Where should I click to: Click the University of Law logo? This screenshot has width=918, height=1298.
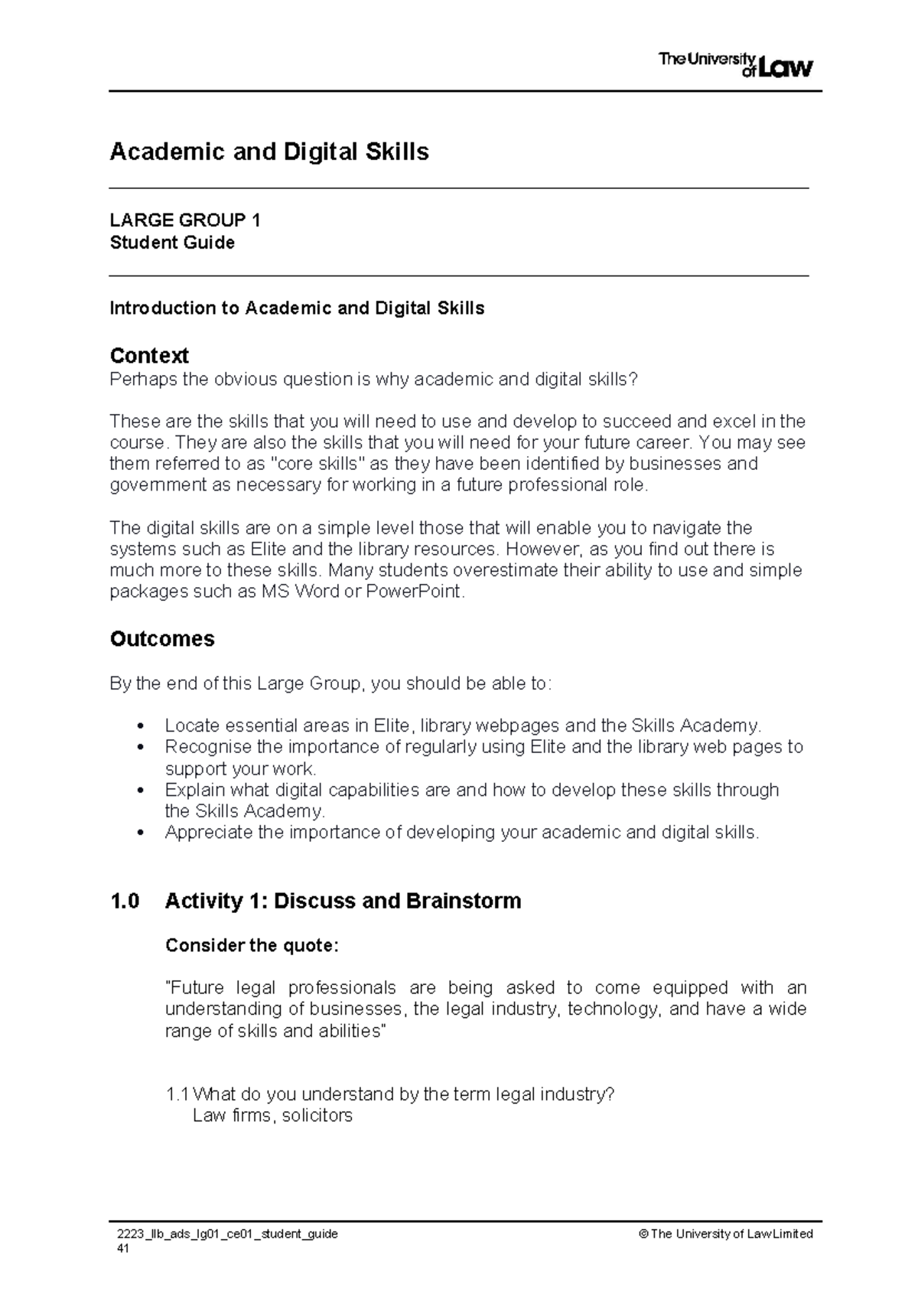pos(735,65)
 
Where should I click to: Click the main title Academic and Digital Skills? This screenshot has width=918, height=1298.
pos(269,152)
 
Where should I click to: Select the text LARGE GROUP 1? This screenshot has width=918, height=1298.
pos(185,221)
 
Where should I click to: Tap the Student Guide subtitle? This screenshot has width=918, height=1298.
pos(172,243)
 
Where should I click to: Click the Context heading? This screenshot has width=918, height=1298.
pos(149,356)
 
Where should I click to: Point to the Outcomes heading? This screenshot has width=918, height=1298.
pos(162,639)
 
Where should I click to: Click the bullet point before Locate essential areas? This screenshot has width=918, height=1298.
pos(139,726)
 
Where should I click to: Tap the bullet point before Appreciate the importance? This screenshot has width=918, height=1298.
pos(139,833)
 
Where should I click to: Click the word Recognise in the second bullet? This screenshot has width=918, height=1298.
pos(200,747)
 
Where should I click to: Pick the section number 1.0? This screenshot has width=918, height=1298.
pos(125,901)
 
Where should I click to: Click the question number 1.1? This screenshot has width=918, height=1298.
pos(177,1094)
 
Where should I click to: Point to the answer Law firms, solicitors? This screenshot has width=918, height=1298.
pos(272,1116)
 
